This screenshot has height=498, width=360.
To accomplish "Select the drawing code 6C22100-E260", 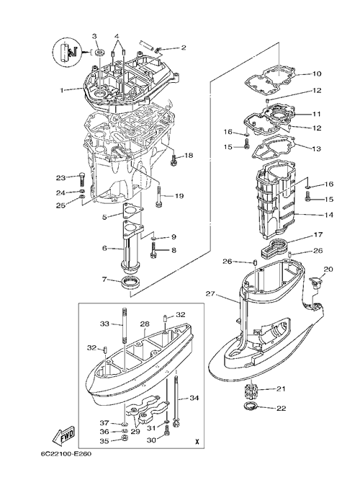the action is pyautogui.click(x=66, y=453).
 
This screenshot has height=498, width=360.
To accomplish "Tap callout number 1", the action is pyautogui.click(x=63, y=90).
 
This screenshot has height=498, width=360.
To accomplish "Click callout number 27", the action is pyautogui.click(x=210, y=294).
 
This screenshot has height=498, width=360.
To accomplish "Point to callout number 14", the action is pyautogui.click(x=329, y=215).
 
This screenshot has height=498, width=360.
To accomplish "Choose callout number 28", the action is pyautogui.click(x=145, y=324).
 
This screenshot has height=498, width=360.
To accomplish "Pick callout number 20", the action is pyautogui.click(x=328, y=269).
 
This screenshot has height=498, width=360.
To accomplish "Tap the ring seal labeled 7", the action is pyautogui.click(x=130, y=283).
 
